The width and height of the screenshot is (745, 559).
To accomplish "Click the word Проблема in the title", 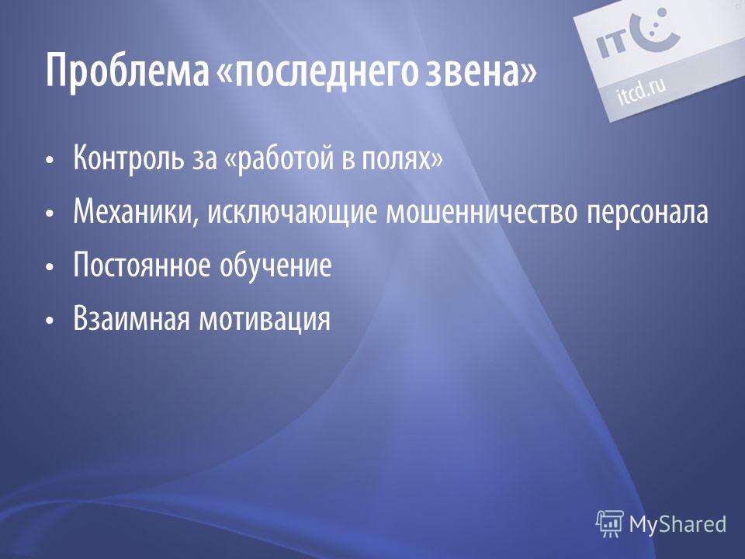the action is click(x=127, y=71).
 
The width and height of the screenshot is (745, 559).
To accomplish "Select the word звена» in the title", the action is click(x=480, y=71).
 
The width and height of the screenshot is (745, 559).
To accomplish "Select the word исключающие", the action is click(x=293, y=212).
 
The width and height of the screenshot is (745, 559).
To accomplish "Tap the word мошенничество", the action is click(x=482, y=212).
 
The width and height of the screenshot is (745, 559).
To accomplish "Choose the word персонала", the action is click(x=647, y=212).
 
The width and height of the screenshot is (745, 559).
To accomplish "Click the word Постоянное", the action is click(x=142, y=265).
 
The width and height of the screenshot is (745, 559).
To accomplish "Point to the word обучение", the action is click(x=275, y=265).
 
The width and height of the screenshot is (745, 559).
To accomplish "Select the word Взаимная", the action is click(x=132, y=318).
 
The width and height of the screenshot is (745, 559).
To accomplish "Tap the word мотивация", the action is click(x=265, y=319).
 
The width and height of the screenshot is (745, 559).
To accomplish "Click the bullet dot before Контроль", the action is click(x=50, y=160).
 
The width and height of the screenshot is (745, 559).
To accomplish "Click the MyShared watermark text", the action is click(x=677, y=524).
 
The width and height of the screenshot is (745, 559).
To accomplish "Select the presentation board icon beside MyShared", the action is click(x=610, y=524).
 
